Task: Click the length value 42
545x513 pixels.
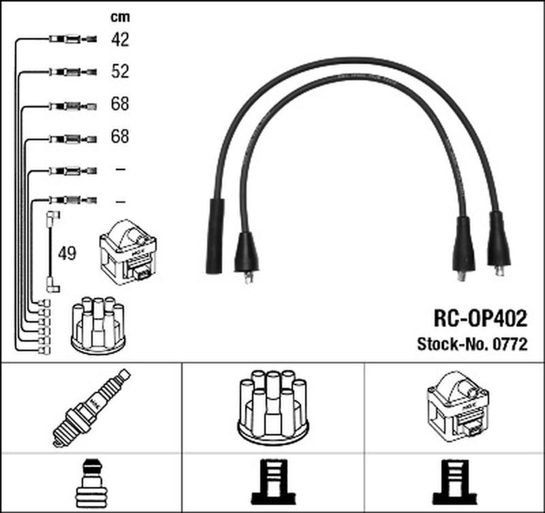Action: click(120, 40)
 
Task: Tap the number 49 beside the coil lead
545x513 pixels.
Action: click(67, 254)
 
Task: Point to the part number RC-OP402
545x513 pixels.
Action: click(480, 319)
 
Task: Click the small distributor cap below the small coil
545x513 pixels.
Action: click(98, 325)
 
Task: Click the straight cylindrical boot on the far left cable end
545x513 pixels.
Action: click(216, 235)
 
